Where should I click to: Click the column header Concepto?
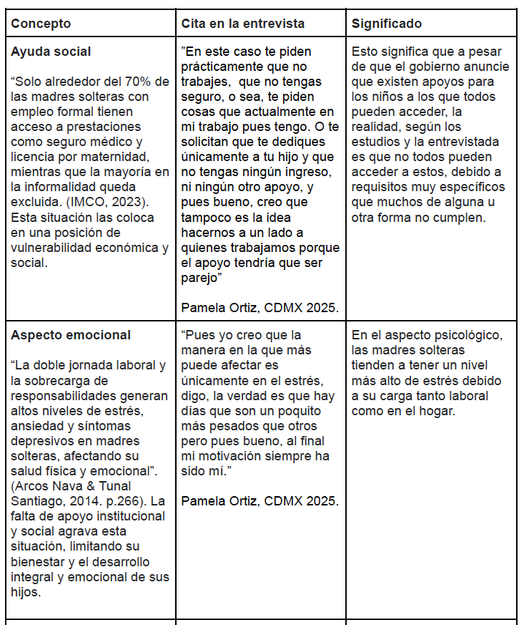[41, 24]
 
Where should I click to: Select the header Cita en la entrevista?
[242, 24]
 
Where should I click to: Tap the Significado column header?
[386, 24]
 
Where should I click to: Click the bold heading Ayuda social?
[51, 52]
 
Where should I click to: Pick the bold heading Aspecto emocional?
[71, 335]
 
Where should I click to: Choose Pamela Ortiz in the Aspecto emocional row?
[217, 500]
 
